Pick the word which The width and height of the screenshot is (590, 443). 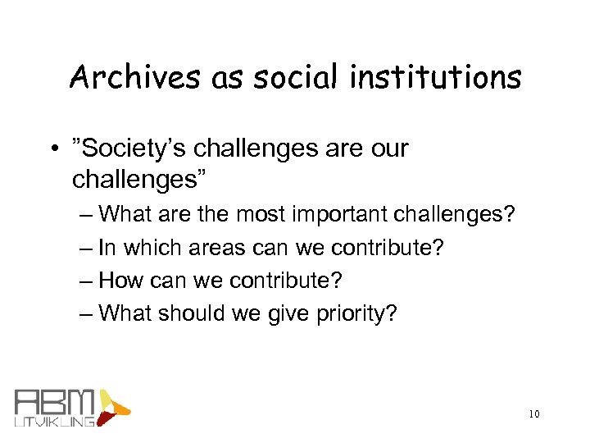click(152, 247)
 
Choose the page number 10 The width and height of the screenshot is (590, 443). click(533, 414)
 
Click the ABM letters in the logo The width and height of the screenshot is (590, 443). click(55, 402)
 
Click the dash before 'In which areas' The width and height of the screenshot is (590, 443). click(88, 247)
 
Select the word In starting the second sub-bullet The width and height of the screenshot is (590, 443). click(107, 247)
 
